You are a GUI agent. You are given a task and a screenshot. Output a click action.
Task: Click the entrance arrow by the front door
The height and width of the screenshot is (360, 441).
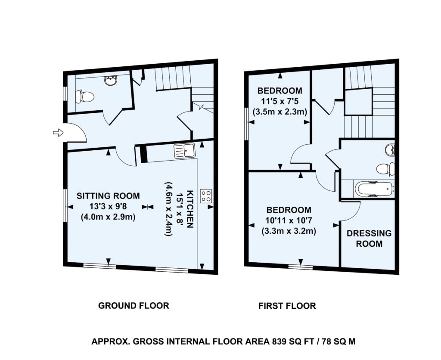coord(58,133)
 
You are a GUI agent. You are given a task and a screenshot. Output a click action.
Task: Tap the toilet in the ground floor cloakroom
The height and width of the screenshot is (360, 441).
coord(84,97)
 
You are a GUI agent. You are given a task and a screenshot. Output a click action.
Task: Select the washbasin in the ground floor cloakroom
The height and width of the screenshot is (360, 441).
coord(111,81)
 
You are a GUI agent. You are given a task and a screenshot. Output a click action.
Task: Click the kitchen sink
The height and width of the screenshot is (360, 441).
coord(184,150)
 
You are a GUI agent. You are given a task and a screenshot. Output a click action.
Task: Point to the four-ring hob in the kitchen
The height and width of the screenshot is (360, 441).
coord(206,196)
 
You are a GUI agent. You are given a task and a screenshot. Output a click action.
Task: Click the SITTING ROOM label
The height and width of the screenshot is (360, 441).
coord(108,196)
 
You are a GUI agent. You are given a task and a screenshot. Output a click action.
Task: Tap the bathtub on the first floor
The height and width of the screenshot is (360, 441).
coord(374,188)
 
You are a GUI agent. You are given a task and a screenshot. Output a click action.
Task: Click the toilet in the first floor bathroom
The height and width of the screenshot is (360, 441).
coord(385,169)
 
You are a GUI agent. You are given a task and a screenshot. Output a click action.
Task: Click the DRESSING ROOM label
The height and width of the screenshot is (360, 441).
coord(369,238)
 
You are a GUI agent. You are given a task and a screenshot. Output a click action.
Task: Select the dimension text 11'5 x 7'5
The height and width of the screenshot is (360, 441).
coord(280,101)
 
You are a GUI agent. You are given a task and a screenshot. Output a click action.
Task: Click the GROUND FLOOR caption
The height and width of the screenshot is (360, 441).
coord(134,305)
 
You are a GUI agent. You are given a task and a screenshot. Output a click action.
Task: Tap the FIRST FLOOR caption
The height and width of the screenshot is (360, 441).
coord(287,305)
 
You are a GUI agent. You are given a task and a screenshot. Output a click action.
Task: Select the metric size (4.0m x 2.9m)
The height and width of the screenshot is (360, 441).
coord(108,217)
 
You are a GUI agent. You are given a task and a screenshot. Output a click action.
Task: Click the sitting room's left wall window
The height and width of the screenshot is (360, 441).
coord(65,205)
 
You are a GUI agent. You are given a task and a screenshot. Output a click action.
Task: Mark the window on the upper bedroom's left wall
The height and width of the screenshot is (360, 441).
coord(246,124)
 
